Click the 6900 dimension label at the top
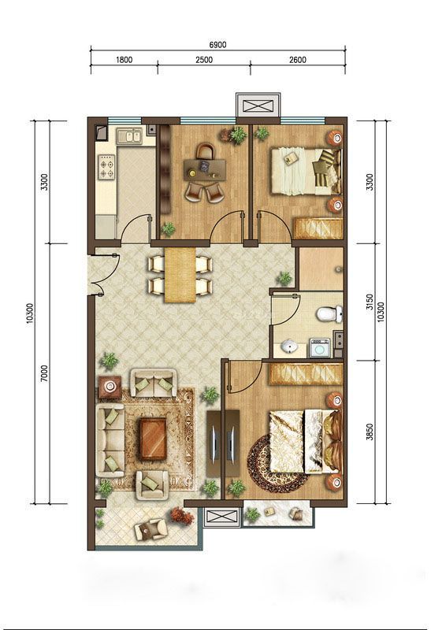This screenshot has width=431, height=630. click(x=218, y=45)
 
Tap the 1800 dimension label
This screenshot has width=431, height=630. click(x=124, y=60)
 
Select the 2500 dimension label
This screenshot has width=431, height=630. click(x=204, y=60)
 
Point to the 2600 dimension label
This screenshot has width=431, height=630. click(x=298, y=60)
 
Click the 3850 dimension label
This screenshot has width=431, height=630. click(x=370, y=432)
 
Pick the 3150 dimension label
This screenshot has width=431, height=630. click(x=370, y=302)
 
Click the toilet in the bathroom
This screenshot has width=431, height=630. click(x=329, y=313)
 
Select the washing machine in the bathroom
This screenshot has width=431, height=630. click(x=320, y=348)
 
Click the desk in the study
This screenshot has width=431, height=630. click(x=204, y=169)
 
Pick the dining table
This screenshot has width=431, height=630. click(x=180, y=274)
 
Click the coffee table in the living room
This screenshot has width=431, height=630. click(x=152, y=439)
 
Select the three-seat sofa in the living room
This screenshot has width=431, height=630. click(x=110, y=440)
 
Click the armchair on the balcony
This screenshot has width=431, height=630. click(x=151, y=529)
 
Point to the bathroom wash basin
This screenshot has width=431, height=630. click(x=288, y=346)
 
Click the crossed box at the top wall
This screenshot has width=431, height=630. click(x=258, y=106)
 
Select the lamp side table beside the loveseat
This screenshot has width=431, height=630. click(x=110, y=387)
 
